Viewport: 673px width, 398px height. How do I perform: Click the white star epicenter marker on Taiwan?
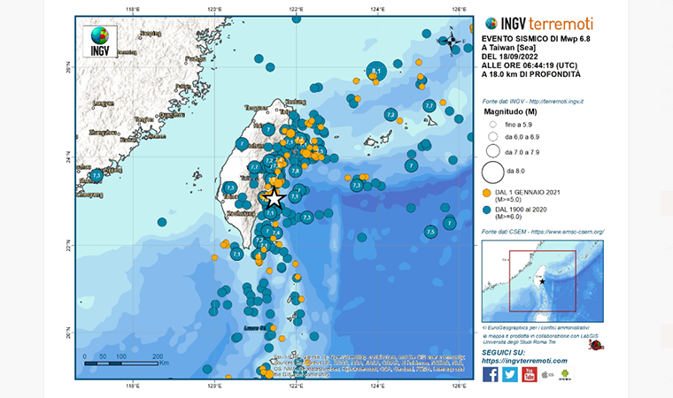[x=274, y=198]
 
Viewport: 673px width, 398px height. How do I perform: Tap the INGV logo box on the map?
[x=100, y=41]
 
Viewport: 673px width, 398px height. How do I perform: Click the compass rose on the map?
[x=452, y=40]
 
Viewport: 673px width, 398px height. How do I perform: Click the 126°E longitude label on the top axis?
[x=458, y=10]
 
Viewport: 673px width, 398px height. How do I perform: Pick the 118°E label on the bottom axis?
[x=133, y=385]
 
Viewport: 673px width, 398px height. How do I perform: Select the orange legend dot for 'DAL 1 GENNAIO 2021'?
[x=487, y=192]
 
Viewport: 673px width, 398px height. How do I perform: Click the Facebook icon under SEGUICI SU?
[x=490, y=374]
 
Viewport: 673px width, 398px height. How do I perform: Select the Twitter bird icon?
[x=509, y=374]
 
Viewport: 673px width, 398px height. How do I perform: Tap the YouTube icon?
[x=529, y=374]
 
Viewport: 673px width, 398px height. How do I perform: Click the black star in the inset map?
[x=542, y=281]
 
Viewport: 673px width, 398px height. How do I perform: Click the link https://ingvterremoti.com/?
[x=524, y=361]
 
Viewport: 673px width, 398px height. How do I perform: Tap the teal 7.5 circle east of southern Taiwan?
[x=430, y=232]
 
